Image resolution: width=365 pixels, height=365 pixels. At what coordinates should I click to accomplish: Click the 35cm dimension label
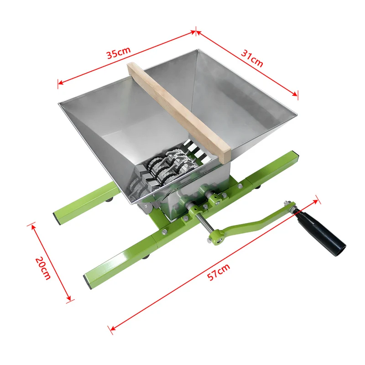pos(119,53)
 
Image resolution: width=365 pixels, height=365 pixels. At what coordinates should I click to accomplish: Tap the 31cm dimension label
pos(252,58)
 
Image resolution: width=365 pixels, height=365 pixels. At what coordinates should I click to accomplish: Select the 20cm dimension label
pos(43,268)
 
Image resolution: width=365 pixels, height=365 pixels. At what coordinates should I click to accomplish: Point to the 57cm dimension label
pos(219,272)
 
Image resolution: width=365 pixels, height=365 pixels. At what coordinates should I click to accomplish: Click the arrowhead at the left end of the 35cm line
pos(61,83)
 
